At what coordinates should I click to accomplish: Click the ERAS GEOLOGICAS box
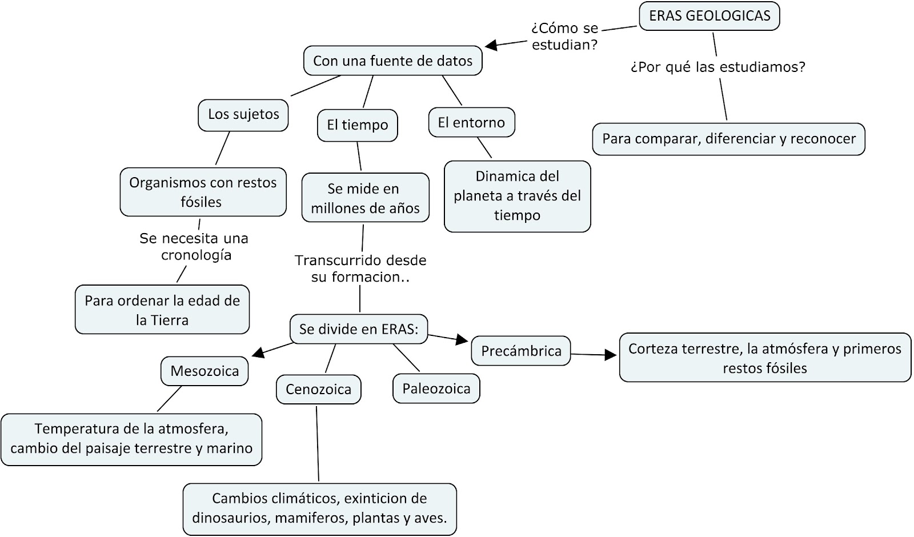click(709, 16)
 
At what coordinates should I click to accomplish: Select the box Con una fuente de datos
click(392, 61)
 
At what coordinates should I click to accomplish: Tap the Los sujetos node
click(243, 114)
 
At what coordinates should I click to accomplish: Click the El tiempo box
click(357, 125)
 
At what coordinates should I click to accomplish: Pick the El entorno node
click(471, 122)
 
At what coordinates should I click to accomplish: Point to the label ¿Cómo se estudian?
click(564, 37)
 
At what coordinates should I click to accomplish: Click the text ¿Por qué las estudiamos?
click(717, 67)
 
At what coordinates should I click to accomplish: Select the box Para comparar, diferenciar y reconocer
click(728, 139)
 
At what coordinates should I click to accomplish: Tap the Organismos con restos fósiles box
click(203, 192)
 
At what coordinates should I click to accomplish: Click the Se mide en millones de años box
click(365, 198)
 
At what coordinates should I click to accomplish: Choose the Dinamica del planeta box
click(517, 196)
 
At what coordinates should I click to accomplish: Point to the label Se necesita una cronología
click(194, 246)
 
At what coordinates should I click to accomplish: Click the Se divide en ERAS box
click(359, 329)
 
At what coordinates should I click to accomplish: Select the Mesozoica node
click(205, 371)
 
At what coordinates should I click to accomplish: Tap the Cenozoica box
click(318, 390)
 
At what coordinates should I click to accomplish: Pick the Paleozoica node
click(436, 389)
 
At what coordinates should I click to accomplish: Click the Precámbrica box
click(521, 351)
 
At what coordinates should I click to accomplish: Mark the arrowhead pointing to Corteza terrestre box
click(611, 355)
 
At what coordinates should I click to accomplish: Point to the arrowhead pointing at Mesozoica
click(258, 354)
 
